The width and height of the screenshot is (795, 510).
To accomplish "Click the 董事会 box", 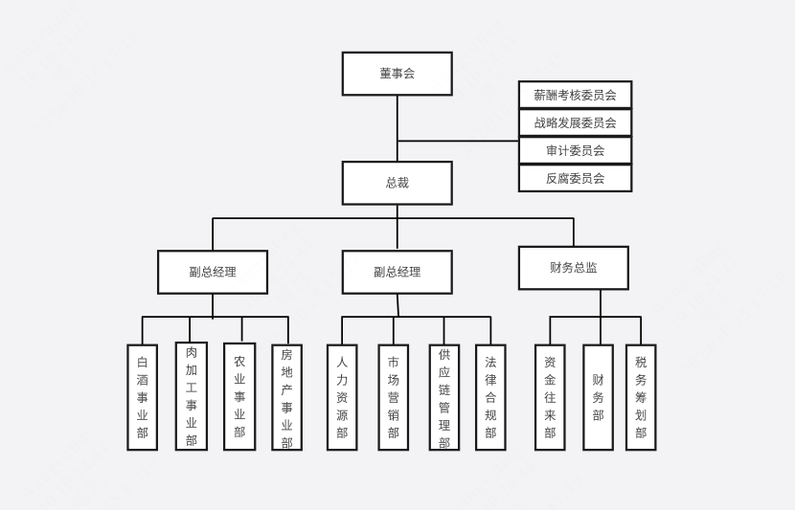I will click(x=397, y=74).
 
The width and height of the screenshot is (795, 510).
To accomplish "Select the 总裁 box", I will click(x=397, y=183).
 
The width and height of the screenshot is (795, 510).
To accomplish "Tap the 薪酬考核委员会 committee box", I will click(x=575, y=95).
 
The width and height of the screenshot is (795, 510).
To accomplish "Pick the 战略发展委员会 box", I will click(x=575, y=122).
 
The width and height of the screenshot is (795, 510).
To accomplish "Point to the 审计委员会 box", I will click(x=575, y=150).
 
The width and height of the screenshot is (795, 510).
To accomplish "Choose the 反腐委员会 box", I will click(x=575, y=178).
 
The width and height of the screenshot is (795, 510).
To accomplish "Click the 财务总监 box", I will click(x=573, y=268).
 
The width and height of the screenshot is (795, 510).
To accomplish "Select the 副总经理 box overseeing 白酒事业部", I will click(x=213, y=272).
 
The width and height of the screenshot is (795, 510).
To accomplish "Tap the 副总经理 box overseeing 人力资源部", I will click(x=397, y=272).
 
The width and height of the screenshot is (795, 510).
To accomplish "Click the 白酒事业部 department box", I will click(x=143, y=397).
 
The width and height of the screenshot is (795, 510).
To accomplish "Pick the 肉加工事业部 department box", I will click(x=192, y=396).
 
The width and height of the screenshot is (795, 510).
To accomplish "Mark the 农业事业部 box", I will click(x=239, y=397).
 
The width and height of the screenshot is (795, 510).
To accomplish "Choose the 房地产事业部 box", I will click(x=286, y=397).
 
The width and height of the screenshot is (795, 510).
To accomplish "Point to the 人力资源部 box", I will click(x=342, y=397).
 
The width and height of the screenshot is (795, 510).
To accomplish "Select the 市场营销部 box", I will click(x=393, y=397).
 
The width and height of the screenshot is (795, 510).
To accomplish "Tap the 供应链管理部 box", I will click(x=443, y=397).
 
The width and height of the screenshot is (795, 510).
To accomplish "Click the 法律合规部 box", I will click(x=490, y=397).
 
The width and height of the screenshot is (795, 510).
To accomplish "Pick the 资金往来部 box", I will click(x=550, y=397).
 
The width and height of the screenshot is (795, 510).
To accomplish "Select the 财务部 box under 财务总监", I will click(x=598, y=397).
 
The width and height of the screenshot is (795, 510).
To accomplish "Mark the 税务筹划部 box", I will click(x=641, y=397).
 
